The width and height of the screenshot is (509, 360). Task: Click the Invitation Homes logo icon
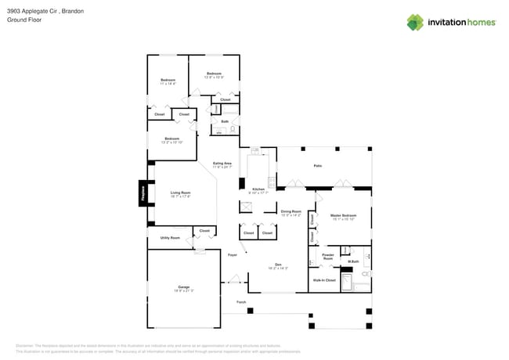(415, 22)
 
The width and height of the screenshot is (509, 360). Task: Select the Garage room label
(183, 287)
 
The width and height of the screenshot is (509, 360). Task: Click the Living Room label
(181, 193)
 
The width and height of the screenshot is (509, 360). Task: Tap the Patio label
(317, 166)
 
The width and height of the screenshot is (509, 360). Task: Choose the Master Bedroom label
(343, 215)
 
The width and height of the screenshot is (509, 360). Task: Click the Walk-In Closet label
(324, 279)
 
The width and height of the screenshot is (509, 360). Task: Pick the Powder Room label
(328, 256)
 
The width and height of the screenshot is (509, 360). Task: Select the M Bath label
(353, 261)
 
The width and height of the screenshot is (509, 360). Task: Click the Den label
(278, 265)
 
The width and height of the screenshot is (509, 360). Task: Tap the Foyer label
(233, 255)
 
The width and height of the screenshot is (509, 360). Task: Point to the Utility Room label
(170, 237)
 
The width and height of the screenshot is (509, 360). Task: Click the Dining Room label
(291, 211)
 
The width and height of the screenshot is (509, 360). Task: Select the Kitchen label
(257, 189)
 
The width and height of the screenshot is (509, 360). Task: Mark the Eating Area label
(222, 164)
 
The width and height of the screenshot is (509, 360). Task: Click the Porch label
(241, 301)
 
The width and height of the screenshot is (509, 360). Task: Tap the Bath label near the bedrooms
(225, 121)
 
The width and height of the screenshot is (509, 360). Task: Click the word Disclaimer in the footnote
(27, 345)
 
